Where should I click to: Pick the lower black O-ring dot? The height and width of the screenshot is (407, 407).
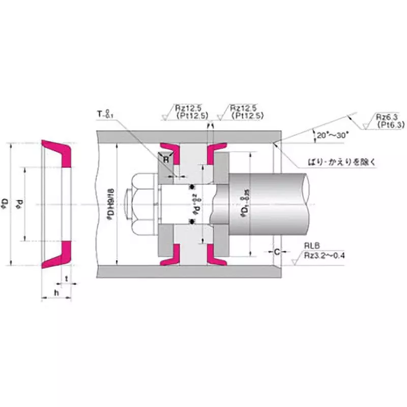[x=193, y=220]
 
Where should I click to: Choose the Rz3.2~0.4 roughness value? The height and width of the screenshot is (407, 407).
[x=325, y=255]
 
